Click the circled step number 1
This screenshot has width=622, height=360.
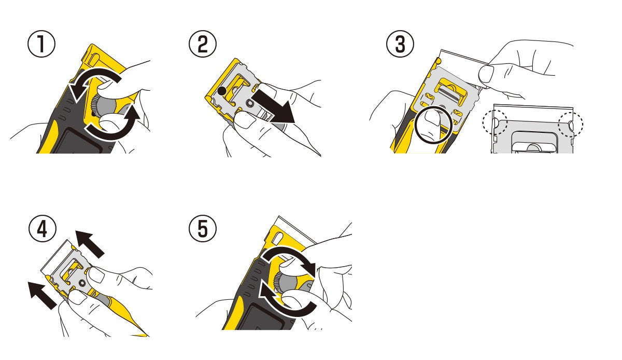[41, 44]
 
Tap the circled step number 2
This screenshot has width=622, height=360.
[203, 44]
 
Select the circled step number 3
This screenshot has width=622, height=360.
[400, 44]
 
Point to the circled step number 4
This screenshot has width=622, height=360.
[43, 229]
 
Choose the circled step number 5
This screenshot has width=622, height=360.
[203, 229]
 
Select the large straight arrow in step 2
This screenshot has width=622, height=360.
[274, 106]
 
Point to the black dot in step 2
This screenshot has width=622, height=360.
[222, 91]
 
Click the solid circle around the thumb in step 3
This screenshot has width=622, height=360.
[433, 125]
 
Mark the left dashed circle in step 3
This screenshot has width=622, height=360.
[495, 122]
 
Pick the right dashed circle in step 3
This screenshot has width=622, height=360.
[571, 124]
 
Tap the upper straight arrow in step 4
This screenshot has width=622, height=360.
[90, 244]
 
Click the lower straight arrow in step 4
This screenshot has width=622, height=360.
[43, 295]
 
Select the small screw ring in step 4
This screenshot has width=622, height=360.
[82, 283]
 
